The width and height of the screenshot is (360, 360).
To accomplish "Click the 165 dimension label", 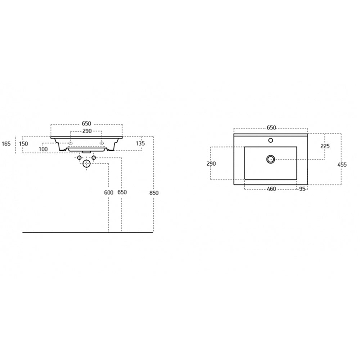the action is (6, 144).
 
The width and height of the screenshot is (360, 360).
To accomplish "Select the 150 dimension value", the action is (23, 144).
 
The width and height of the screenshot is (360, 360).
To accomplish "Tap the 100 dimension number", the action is (43, 149).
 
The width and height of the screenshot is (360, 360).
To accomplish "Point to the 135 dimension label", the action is (140, 144).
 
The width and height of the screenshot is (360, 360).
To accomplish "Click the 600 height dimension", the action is (109, 192).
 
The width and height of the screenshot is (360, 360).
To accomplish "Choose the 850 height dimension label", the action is (154, 193).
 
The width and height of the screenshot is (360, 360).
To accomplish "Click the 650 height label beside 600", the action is (122, 192).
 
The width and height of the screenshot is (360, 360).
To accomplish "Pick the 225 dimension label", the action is (325, 146).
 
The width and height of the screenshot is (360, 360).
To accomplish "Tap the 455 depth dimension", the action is (342, 165).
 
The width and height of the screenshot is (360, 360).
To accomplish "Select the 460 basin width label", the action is (271, 189).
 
